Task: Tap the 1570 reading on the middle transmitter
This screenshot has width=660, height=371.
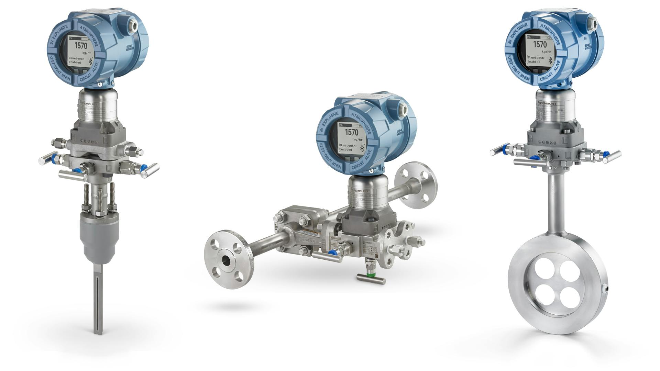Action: (x=351, y=132)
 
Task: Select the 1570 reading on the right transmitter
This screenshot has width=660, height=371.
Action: (x=539, y=44)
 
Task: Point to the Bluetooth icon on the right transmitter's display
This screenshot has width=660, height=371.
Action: (x=560, y=61)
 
